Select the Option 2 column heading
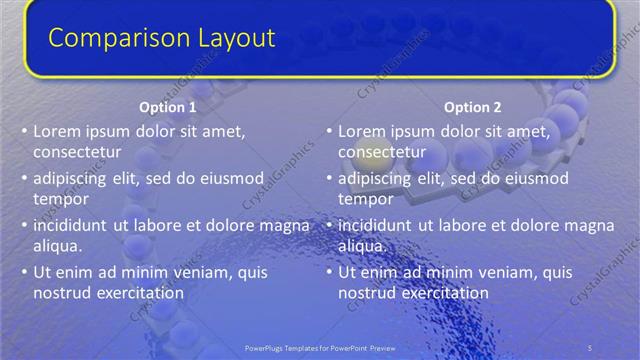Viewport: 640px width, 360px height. [x=472, y=107]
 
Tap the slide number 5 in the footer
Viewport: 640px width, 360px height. [x=589, y=347]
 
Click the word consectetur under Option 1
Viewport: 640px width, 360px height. [x=77, y=153]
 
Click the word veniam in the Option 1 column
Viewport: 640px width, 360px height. [x=203, y=272]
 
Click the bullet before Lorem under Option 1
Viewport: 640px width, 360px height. [x=24, y=131]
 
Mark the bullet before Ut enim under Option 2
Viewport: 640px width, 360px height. [x=330, y=272]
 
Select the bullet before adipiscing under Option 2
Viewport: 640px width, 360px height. [x=330, y=179]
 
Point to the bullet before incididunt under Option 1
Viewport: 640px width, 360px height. [x=24, y=226]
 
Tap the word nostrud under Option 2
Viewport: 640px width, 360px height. [x=367, y=293]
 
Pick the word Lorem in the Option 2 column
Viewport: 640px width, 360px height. [x=361, y=131]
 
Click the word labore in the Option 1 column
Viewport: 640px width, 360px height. [x=154, y=225]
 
